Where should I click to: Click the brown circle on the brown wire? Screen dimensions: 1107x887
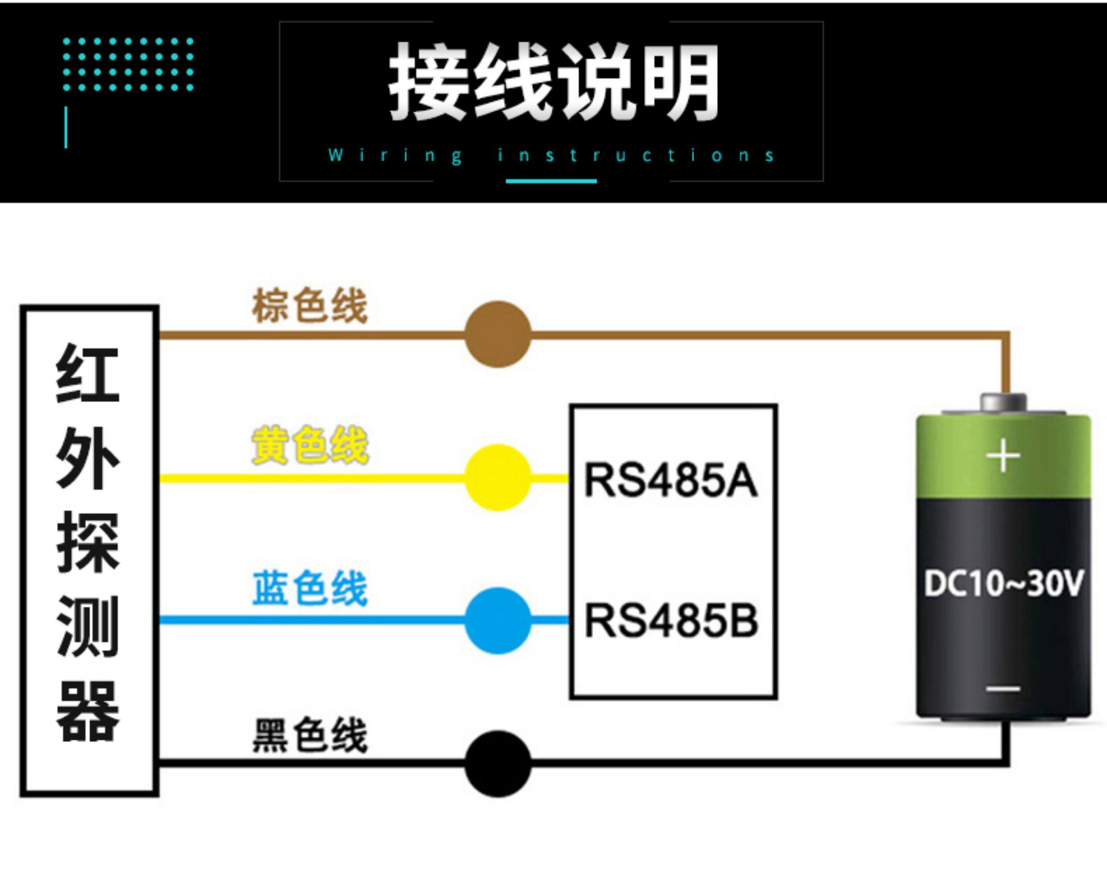498,334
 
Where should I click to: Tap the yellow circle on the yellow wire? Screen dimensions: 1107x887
498,477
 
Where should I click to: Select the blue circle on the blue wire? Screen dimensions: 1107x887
498,621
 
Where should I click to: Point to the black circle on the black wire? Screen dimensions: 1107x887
498,764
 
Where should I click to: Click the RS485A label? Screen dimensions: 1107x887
671,480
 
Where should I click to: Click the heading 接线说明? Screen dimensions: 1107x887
553,82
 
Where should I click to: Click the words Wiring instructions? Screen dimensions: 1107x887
551,155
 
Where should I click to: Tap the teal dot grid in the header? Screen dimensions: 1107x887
128,64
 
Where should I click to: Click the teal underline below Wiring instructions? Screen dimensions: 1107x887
551,181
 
